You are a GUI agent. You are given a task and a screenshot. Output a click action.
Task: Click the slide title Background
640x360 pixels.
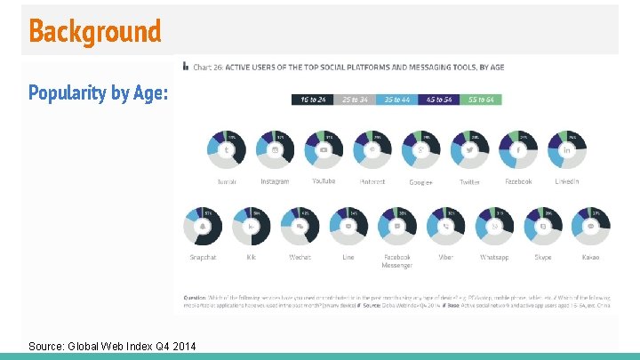tap(94, 31)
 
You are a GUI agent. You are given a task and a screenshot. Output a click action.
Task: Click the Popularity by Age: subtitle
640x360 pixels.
tap(98, 92)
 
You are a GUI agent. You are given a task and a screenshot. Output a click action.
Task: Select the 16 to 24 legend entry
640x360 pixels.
tap(312, 100)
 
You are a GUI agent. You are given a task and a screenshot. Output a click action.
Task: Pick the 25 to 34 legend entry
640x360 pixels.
tap(354, 100)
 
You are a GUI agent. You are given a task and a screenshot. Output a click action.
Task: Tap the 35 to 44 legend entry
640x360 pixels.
tap(396, 100)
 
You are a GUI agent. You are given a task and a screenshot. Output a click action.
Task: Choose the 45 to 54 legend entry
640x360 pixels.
tap(439, 100)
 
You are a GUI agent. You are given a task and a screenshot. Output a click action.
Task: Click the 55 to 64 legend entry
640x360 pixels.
tap(481, 100)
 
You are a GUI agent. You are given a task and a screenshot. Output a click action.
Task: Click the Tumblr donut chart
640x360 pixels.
tap(227, 150)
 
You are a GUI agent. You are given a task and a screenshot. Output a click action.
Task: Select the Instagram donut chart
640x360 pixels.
tap(276, 150)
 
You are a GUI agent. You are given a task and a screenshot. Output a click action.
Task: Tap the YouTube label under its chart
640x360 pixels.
tap(324, 181)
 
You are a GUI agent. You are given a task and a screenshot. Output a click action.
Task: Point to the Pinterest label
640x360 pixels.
tap(372, 181)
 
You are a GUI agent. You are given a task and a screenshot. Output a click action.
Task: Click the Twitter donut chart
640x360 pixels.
tap(469, 150)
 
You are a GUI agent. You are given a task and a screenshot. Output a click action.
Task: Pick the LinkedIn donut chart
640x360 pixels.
tap(567, 150)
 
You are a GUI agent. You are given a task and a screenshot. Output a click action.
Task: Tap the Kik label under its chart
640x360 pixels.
tap(252, 258)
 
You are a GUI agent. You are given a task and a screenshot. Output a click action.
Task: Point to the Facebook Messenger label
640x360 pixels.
tap(396, 261)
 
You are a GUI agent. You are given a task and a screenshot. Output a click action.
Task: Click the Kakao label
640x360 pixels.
tap(591, 258)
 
